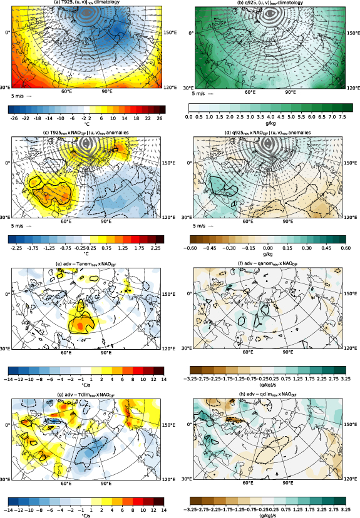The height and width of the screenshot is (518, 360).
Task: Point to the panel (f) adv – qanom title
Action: point(269,263)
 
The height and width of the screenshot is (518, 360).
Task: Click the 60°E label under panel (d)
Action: point(250,222)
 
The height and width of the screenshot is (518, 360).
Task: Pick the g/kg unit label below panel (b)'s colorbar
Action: point(268,124)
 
